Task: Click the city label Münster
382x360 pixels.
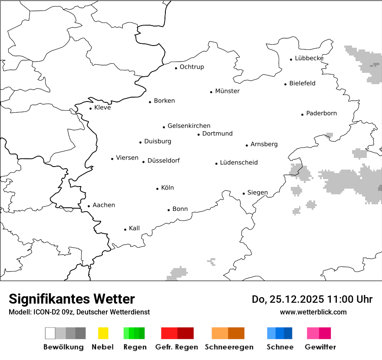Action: tap(227, 91)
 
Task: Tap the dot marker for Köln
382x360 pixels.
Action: tap(158, 189)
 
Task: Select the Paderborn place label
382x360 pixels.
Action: tap(321, 114)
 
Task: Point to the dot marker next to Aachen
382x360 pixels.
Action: tap(89, 206)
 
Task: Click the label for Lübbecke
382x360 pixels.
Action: tap(309, 58)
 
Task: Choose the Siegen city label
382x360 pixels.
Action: tap(257, 193)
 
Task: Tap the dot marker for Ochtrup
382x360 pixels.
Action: tap(176, 68)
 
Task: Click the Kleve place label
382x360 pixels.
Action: tap(102, 108)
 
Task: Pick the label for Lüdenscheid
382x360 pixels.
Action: tap(239, 163)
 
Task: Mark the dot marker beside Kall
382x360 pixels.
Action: tap(125, 229)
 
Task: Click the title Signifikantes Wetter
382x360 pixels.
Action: tap(72, 299)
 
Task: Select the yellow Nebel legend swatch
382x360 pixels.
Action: tap(103, 333)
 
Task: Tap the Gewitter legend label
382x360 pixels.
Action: tap(320, 347)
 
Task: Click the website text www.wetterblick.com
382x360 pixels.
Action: tap(313, 312)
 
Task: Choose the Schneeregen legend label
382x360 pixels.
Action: tap(229, 347)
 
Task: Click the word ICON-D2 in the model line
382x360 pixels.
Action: tap(45, 312)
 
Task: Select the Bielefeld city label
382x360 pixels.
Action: tap(302, 83)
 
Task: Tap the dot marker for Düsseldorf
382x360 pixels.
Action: tap(144, 162)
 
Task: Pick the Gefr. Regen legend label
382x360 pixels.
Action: tap(176, 347)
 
